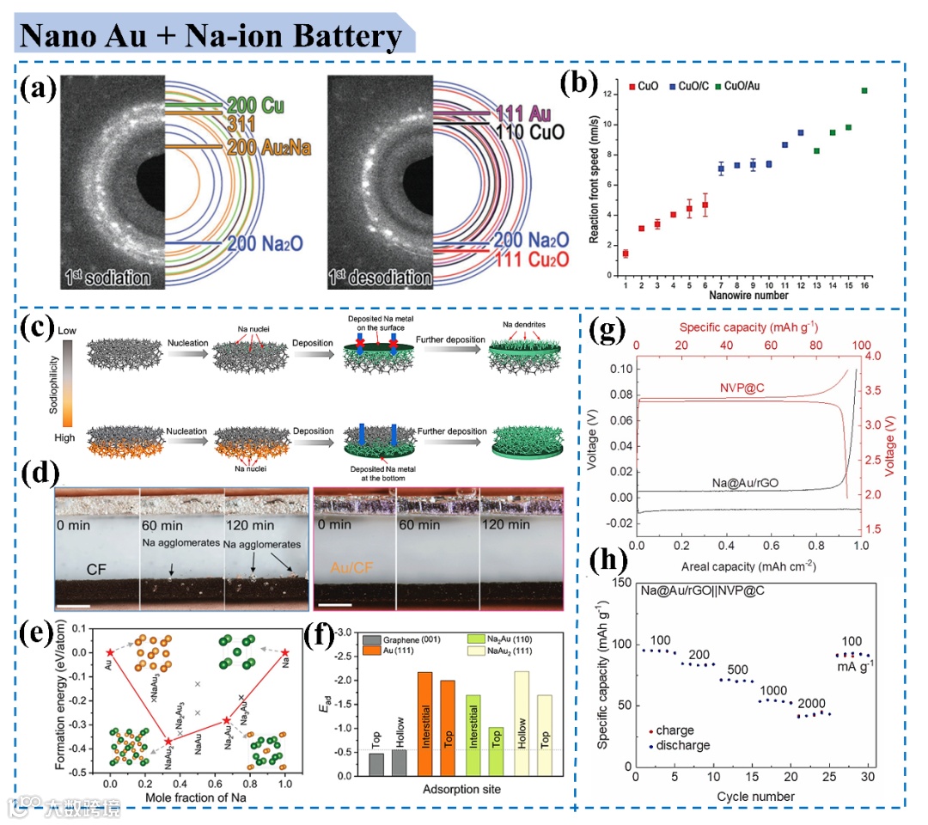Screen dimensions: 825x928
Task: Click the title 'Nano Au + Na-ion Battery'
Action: tap(211, 36)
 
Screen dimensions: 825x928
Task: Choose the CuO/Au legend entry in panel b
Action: tap(738, 86)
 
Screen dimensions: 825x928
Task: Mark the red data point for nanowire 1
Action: tap(626, 254)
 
